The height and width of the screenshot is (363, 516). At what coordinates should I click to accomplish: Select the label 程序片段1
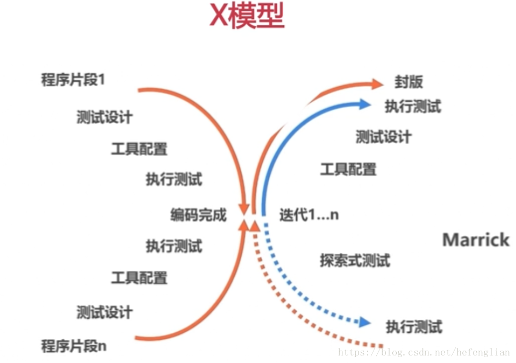(x=74, y=81)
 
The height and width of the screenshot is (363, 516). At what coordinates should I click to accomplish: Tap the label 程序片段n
(x=74, y=346)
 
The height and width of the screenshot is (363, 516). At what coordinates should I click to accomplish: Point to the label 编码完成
(x=199, y=215)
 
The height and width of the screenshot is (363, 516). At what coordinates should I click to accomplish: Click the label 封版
(x=409, y=82)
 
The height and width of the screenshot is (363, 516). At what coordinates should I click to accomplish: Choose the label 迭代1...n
(x=309, y=215)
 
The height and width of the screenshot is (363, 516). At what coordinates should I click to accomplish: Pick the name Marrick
(x=476, y=240)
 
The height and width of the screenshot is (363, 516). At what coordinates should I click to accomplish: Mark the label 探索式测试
(x=355, y=261)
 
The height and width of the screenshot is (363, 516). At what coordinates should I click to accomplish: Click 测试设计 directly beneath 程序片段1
(x=104, y=117)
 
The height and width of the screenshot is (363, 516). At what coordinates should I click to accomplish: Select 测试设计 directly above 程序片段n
(x=104, y=312)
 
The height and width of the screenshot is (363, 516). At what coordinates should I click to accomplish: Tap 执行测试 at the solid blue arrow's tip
(x=413, y=106)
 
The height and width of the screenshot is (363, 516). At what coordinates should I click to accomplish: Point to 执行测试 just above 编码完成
(x=174, y=179)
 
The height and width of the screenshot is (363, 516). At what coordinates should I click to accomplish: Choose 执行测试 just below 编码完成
(x=174, y=246)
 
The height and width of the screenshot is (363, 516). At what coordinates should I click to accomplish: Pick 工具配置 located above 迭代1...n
(x=348, y=169)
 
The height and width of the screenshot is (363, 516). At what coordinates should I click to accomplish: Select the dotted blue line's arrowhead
(x=365, y=323)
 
